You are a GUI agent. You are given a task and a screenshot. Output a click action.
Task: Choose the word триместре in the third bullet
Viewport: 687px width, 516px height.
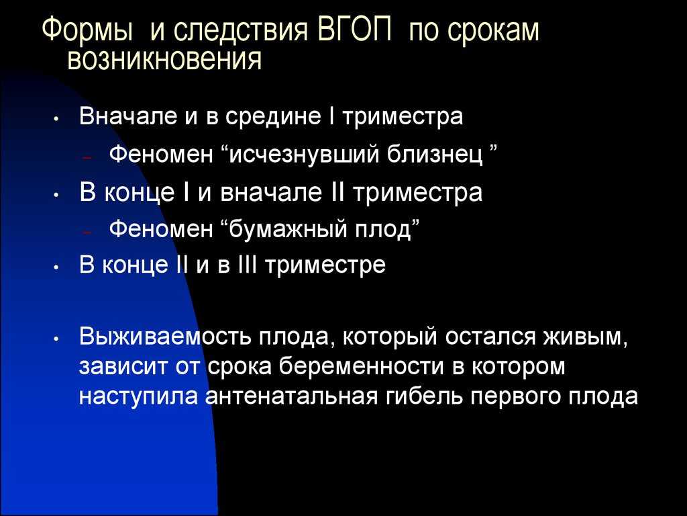pos(325,265)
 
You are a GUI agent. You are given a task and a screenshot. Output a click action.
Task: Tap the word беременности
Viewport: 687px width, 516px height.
pos(362,367)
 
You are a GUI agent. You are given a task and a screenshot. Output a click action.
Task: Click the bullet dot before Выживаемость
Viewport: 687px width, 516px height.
pos(56,339)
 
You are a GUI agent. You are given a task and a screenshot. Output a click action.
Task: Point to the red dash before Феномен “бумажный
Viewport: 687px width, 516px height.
pos(87,231)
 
